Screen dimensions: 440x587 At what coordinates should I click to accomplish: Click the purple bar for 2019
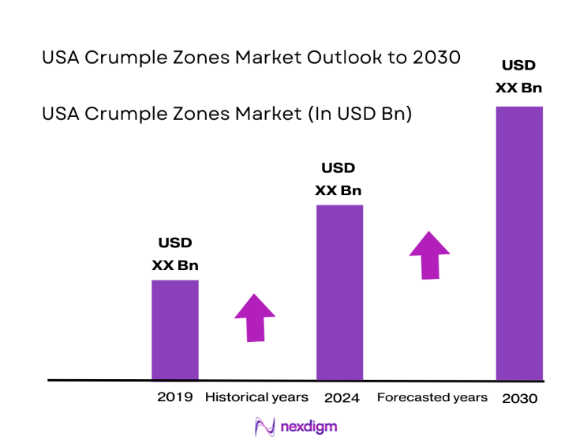[174, 329]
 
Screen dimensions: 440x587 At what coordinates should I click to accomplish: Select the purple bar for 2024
[339, 292]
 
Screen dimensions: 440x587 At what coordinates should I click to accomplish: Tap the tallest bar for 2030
[519, 243]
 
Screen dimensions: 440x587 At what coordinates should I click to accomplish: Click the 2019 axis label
[174, 397]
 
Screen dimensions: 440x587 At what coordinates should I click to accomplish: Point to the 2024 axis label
[342, 397]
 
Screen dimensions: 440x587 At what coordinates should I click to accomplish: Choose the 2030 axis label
[519, 398]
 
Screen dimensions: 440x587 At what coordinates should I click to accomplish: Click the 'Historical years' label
[256, 397]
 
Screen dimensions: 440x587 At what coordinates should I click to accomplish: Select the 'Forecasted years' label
[432, 397]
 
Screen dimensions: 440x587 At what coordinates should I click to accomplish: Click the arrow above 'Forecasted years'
[429, 254]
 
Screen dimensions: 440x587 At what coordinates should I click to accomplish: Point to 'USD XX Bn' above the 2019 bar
[174, 254]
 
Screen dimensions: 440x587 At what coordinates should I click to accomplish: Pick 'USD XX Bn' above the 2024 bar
[338, 179]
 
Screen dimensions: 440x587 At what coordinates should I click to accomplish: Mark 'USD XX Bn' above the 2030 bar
[519, 76]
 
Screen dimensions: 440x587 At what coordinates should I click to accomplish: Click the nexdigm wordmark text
[309, 427]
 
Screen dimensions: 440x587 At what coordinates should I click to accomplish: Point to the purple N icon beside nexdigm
[264, 427]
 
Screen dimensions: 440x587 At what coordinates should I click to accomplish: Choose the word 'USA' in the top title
[58, 58]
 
